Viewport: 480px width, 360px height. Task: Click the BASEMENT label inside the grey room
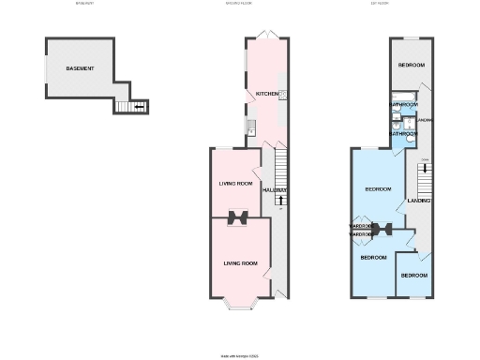80,69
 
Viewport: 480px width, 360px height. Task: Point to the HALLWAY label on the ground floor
275,190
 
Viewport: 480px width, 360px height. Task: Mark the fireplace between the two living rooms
238,217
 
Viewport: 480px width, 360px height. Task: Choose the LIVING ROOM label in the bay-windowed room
240,263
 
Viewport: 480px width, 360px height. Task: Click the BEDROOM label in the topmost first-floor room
411,66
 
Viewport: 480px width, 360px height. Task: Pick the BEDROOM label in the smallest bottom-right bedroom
413,276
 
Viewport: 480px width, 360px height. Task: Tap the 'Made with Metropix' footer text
239,355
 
